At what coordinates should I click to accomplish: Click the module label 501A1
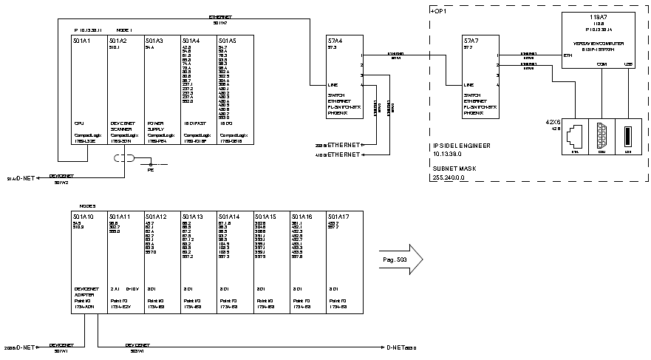81,41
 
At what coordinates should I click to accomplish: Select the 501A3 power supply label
154,41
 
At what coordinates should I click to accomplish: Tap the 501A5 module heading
228,41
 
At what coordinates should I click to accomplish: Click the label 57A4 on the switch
335,41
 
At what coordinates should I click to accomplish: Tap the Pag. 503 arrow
399,259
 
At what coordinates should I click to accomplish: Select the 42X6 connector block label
553,121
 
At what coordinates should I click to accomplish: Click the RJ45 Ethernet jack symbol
574,138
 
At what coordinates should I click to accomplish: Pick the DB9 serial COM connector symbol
601,138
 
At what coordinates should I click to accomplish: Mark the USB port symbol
630,138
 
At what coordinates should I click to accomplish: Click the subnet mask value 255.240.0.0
451,178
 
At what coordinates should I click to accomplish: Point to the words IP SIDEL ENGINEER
463,146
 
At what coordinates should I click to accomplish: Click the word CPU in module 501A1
78,123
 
